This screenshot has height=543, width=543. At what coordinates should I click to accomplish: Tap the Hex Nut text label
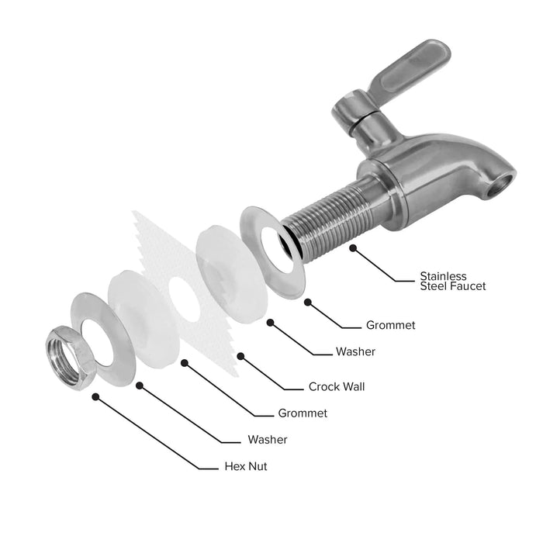pyautogui.click(x=245, y=466)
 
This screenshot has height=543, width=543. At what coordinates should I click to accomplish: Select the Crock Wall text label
pyautogui.click(x=337, y=386)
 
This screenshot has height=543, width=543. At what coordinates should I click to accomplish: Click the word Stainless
pyautogui.click(x=443, y=275)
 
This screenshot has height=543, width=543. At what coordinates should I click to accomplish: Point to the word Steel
pyautogui.click(x=437, y=286)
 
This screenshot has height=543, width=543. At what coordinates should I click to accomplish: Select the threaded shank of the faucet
pyautogui.click(x=334, y=218)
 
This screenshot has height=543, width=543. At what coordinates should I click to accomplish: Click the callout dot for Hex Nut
pyautogui.click(x=95, y=396)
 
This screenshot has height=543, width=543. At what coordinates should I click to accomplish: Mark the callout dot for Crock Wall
pyautogui.click(x=240, y=356)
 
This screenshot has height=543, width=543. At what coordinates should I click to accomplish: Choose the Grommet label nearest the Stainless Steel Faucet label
pyautogui.click(x=390, y=326)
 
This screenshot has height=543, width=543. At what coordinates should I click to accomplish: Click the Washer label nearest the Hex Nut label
pyautogui.click(x=268, y=440)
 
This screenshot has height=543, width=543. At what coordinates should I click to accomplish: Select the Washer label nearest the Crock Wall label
pyautogui.click(x=355, y=351)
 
